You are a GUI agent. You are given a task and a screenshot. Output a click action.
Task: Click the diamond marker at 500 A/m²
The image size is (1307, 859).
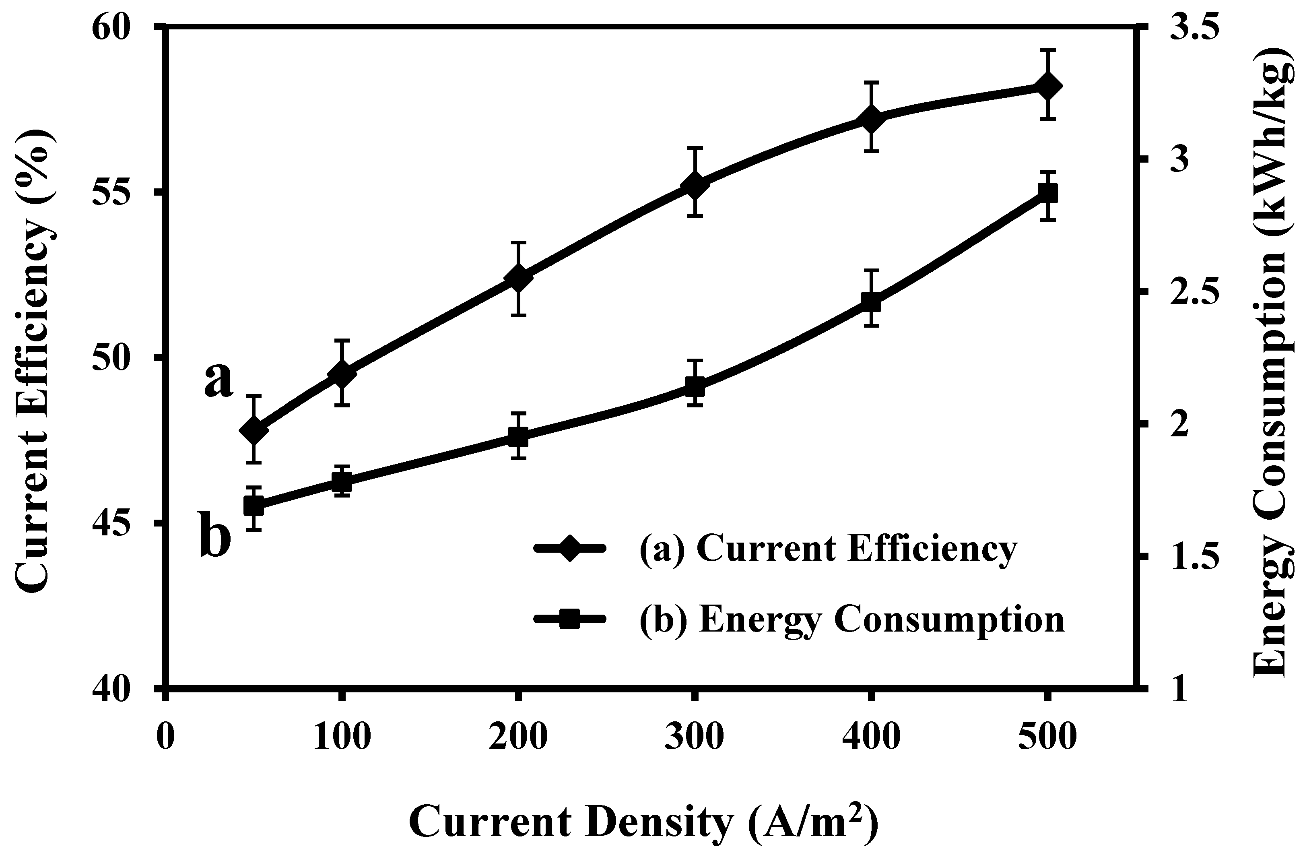coord(1047,87)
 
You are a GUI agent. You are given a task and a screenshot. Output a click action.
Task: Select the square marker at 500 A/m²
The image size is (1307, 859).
coord(1047,194)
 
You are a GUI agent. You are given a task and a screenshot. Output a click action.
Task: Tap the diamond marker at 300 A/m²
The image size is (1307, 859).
coord(695,186)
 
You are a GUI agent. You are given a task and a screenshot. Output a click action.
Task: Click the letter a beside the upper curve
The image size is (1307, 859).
coord(219,380)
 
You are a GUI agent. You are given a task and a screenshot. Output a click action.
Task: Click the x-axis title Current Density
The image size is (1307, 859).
coord(643,823)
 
